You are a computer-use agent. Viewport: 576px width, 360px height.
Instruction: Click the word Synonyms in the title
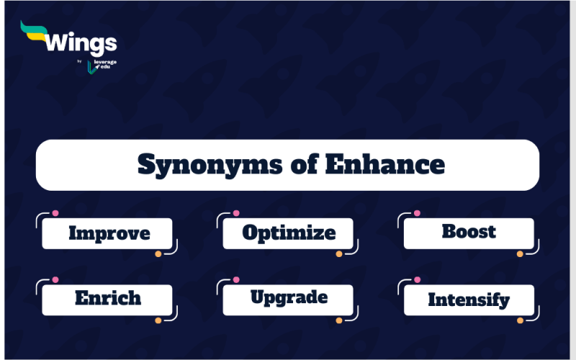(x=210, y=165)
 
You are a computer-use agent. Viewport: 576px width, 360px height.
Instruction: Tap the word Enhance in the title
(x=385, y=164)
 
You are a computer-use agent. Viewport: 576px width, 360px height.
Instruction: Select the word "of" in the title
(x=304, y=164)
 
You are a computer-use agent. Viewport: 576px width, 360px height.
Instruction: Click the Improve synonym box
(x=107, y=233)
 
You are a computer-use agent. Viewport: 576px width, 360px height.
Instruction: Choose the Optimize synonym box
(x=288, y=233)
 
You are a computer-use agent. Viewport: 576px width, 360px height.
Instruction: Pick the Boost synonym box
(x=469, y=233)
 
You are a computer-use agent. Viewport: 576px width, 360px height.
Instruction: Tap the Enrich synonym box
(x=107, y=300)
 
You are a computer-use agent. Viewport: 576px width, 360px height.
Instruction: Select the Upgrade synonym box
(x=288, y=300)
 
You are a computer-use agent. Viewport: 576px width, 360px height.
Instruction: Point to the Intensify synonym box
(x=469, y=300)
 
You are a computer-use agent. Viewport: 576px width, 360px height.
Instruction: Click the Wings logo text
(x=81, y=44)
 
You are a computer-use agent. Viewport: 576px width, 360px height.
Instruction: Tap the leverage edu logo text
(x=105, y=64)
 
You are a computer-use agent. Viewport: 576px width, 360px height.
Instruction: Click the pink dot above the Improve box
(x=55, y=213)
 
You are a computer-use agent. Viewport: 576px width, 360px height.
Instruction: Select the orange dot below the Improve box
(x=158, y=254)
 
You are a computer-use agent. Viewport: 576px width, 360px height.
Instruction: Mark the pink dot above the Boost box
(x=417, y=213)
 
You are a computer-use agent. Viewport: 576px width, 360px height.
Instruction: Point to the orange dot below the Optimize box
(x=339, y=254)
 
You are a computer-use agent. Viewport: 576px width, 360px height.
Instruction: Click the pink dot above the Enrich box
(x=55, y=279)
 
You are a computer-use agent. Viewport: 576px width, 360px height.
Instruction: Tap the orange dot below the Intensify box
(x=520, y=320)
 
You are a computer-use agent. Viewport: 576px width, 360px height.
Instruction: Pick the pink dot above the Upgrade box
(x=236, y=279)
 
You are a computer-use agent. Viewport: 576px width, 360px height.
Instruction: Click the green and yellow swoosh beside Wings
(x=34, y=32)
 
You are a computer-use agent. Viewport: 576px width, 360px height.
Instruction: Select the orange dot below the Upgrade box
(x=339, y=320)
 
